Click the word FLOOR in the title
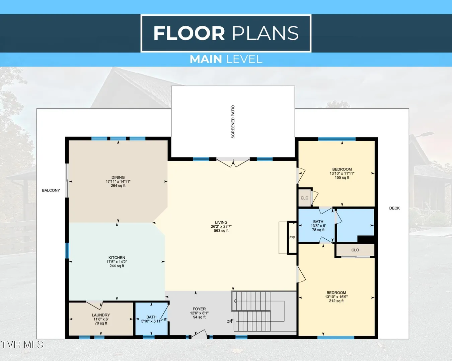(x=189, y=33)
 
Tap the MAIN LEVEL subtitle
(x=226, y=59)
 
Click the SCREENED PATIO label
(x=233, y=122)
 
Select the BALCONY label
(x=51, y=190)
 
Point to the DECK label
(x=394, y=208)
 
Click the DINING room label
(x=118, y=177)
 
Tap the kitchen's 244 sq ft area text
(x=117, y=266)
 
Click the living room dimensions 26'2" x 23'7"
(x=221, y=226)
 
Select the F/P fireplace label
(x=292, y=238)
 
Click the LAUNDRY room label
(x=101, y=315)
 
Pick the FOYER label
(x=199, y=309)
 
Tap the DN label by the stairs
(x=229, y=321)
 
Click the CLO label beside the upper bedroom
(x=304, y=198)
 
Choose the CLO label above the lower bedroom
(x=355, y=250)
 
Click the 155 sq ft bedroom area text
(x=342, y=177)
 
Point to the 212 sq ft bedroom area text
(x=336, y=301)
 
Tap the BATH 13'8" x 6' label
(x=318, y=226)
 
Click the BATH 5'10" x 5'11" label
(x=151, y=319)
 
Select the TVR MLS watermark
(x=22, y=345)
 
